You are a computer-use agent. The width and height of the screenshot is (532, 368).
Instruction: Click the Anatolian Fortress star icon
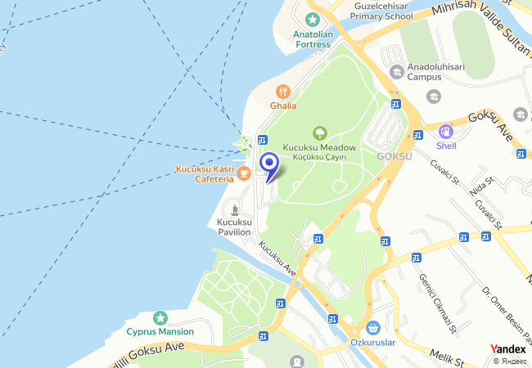312,19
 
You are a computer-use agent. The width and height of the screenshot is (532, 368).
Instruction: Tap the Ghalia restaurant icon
284,91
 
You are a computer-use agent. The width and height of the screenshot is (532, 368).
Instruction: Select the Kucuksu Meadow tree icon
319,132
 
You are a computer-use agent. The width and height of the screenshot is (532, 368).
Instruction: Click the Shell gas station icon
446,131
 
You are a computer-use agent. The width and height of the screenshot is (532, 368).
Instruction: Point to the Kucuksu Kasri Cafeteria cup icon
244,173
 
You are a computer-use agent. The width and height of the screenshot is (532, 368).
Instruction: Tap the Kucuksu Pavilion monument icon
234,209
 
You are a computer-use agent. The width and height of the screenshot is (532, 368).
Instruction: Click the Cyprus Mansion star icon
160,317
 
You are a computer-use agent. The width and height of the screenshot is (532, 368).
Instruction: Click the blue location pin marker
268,164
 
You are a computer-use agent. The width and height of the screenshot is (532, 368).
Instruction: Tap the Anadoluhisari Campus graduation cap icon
397,71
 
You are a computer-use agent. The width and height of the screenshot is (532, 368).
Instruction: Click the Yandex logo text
507,349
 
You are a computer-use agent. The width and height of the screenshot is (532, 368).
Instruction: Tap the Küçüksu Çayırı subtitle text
319,156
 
